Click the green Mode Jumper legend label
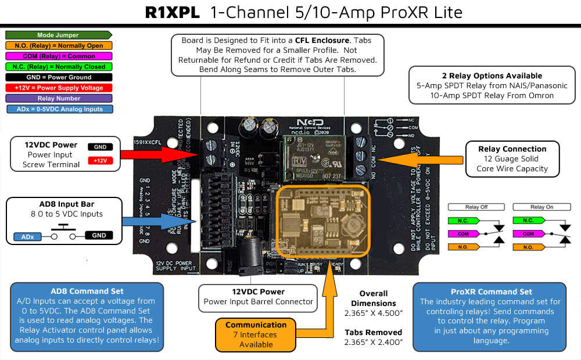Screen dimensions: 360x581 [58, 35]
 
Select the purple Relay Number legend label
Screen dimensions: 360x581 [58, 98]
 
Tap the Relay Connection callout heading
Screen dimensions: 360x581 [512, 149]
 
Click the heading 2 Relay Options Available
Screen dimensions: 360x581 [492, 75]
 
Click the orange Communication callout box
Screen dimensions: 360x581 [256, 334]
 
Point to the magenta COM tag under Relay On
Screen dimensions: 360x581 [528, 233]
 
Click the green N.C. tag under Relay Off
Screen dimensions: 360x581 [463, 221]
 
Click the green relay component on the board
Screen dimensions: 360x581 [314, 160]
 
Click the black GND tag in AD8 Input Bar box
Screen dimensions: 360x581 [99, 235]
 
